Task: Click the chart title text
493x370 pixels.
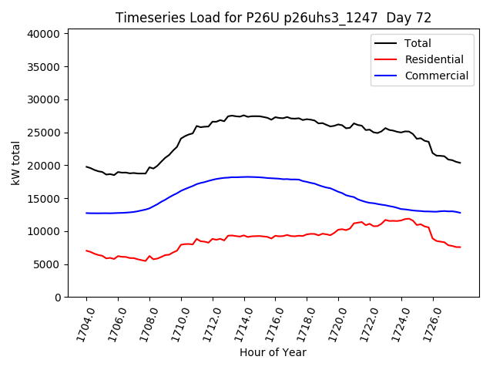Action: [273, 18]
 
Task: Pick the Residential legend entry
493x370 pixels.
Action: [434, 59]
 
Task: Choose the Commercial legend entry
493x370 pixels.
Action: [436, 76]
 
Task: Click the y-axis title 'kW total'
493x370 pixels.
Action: [15, 163]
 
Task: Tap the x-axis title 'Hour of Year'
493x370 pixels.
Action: [273, 352]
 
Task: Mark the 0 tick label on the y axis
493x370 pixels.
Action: [58, 298]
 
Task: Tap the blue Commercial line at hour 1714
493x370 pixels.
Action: [244, 177]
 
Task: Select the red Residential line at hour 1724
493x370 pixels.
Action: [401, 220]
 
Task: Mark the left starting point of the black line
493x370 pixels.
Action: [86, 166]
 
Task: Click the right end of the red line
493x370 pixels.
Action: [460, 247]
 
